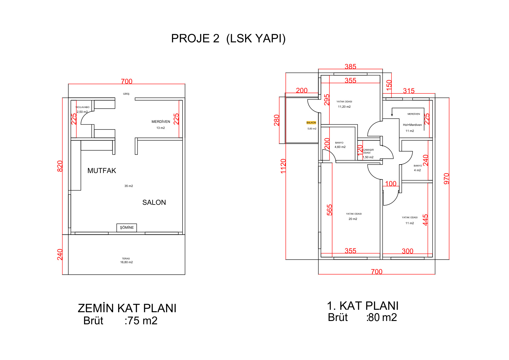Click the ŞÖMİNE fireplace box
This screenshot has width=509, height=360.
pyautogui.click(x=127, y=227)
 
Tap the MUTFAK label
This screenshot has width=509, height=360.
pyautogui.click(x=102, y=171)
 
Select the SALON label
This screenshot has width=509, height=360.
pyautogui.click(x=154, y=202)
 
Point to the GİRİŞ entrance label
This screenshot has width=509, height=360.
pyautogui.click(x=126, y=94)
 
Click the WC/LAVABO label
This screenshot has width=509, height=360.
pyautogui.click(x=83, y=107)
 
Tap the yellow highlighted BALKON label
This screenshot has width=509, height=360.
pyautogui.click(x=311, y=123)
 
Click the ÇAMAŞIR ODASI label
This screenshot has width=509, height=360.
pyautogui.click(x=368, y=151)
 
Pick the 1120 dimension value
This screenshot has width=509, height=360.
pyautogui.click(x=283, y=166)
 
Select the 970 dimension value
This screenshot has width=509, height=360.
pyautogui.click(x=446, y=179)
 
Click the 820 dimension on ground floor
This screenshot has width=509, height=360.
pyautogui.click(x=60, y=166)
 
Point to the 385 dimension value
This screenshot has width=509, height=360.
pyautogui.click(x=350, y=67)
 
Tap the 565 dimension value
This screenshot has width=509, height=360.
pyautogui.click(x=329, y=210)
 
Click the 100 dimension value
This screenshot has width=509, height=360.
pyautogui.click(x=391, y=184)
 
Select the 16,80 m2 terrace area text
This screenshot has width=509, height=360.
pyautogui.click(x=126, y=262)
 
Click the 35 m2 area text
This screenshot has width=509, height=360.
pyautogui.click(x=129, y=186)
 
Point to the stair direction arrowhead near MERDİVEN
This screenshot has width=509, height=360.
pyautogui.click(x=392, y=115)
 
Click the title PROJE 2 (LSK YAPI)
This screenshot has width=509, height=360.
pyautogui.click(x=228, y=38)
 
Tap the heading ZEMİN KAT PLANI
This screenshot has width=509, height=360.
pyautogui.click(x=127, y=308)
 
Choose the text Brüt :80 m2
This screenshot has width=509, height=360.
pyautogui.click(x=362, y=317)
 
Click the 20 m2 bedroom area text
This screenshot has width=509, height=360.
pyautogui.click(x=353, y=219)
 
